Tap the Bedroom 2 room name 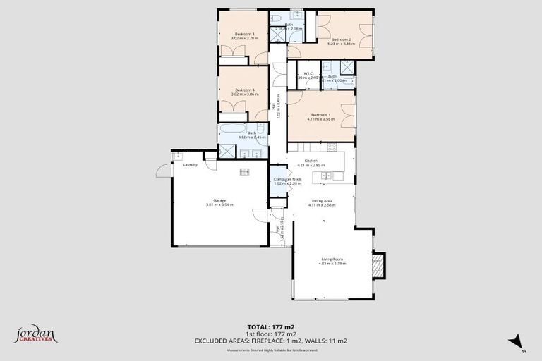(341, 39)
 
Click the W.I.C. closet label (308, 73)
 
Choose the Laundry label (190, 165)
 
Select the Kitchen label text (311, 161)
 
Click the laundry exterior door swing (163, 170)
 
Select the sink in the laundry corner (178, 155)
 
